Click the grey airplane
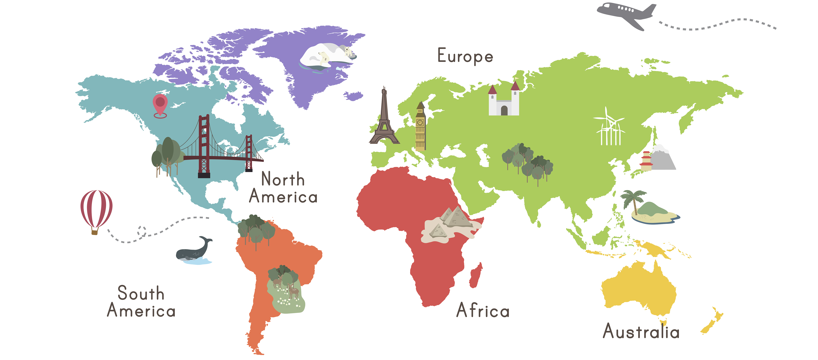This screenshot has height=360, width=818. click(626, 14)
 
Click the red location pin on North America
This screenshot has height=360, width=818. click(160, 103)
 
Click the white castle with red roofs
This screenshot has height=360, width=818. click(504, 102)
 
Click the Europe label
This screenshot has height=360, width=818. click(465, 56)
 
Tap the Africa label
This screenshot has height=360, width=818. click(483, 310)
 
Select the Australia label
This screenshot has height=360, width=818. click(641, 331)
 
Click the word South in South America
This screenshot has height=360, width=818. click(141, 293)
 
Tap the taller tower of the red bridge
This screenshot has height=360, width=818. click(204, 146)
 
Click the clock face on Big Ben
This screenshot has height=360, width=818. click(420, 122)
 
